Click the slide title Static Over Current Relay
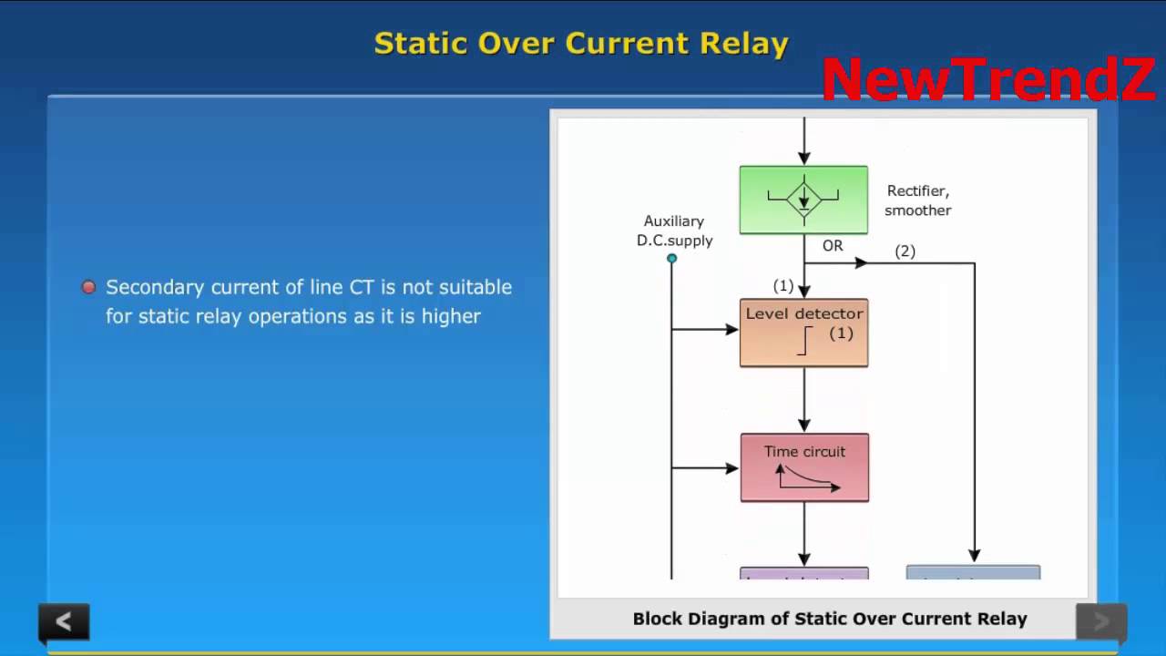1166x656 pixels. (581, 44)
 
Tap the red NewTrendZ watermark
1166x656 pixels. (988, 80)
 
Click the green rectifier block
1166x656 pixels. (803, 200)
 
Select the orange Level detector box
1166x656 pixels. (803, 333)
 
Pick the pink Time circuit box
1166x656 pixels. (804, 467)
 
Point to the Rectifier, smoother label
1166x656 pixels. (917, 200)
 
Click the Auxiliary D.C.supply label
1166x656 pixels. (674, 231)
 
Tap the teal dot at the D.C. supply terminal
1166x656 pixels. (672, 259)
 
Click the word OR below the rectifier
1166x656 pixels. (833, 246)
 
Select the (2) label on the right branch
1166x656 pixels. (905, 251)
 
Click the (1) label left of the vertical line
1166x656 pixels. (783, 286)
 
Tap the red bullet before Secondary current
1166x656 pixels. (88, 287)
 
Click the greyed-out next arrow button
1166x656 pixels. (1100, 621)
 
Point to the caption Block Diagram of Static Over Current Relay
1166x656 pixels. (830, 619)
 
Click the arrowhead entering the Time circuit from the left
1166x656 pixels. (732, 468)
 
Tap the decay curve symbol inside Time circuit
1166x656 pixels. (807, 478)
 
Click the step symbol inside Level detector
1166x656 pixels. (804, 341)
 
